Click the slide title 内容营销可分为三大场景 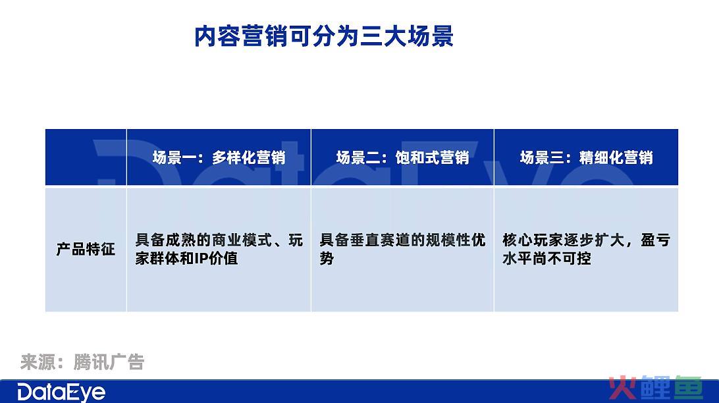324,36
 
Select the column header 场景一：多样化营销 219,158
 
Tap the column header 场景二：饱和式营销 402,158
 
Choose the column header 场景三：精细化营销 586,158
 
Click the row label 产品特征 86,249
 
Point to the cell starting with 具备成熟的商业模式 219,249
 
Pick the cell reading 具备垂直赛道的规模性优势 402,249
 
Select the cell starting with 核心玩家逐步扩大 586,249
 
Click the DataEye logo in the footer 61,393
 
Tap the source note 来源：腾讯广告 82,362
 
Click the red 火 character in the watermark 622,388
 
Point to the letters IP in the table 201,259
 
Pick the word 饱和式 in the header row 417,158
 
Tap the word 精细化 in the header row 601,158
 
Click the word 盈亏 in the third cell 656,240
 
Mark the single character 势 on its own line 327,259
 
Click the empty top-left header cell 86,157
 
